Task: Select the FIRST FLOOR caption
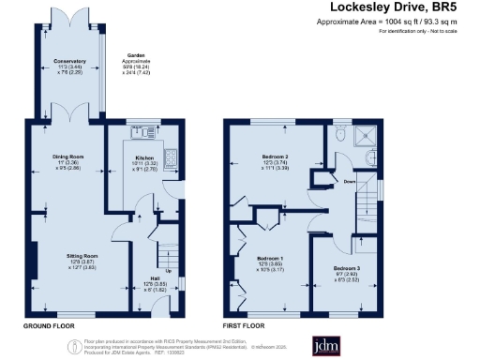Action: [x=244, y=325]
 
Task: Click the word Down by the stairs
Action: [x=350, y=182]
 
